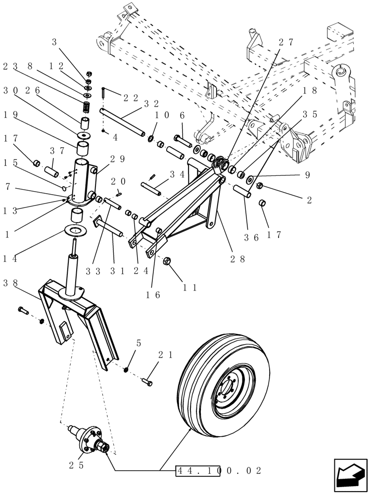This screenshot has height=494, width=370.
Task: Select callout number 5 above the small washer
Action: point(139,342)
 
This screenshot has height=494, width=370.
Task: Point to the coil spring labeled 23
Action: point(87,107)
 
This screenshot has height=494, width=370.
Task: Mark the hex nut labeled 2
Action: point(260,186)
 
